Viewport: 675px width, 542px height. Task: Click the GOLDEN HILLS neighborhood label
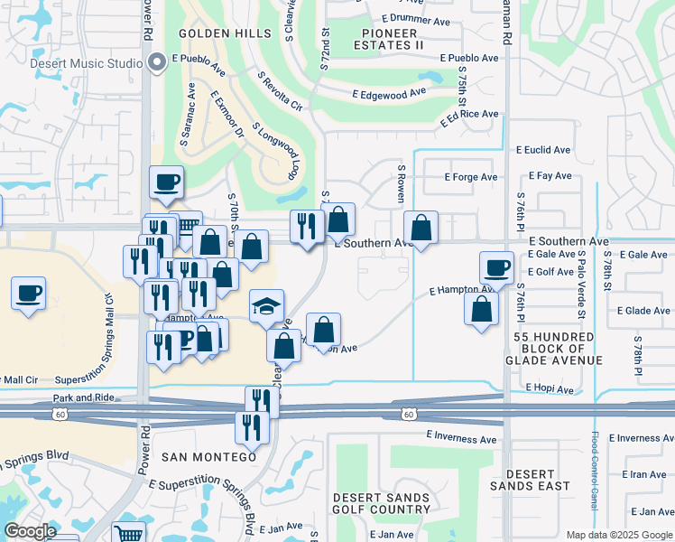pos(225,33)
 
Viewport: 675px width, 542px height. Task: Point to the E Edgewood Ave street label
pos(389,94)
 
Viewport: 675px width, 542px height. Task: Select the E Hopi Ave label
pos(550,390)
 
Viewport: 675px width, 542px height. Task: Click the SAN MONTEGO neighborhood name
pos(208,458)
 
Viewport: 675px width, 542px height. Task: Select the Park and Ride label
pos(83,397)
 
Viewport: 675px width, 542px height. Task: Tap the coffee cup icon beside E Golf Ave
pos(496,269)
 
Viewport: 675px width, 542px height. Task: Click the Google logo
pos(30,531)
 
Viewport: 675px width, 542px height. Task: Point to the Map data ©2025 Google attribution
pos(618,535)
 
